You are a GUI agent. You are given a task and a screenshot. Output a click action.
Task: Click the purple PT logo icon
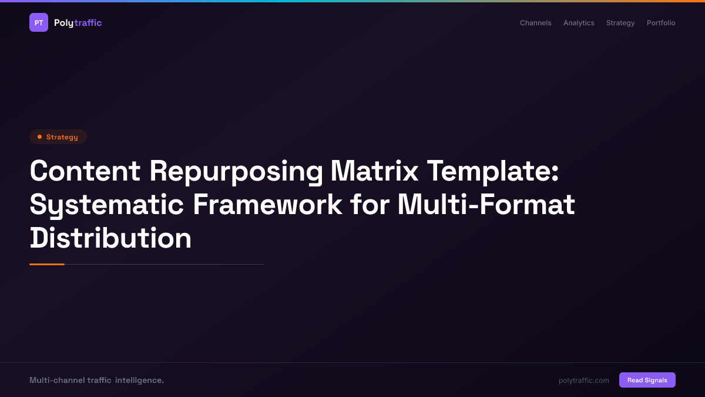point(39,23)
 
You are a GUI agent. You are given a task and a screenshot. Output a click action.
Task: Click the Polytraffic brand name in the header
point(78,23)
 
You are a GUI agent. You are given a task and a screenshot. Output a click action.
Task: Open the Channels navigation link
point(535,23)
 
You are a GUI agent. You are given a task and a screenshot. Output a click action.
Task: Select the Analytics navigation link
point(579,23)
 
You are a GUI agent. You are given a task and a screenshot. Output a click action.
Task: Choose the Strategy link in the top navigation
point(620,23)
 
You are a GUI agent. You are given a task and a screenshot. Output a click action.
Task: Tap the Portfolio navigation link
point(661,23)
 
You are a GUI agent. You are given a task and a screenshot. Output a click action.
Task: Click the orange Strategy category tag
point(58,137)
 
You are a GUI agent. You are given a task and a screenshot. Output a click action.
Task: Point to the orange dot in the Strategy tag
point(39,137)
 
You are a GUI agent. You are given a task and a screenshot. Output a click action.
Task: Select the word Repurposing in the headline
point(236,171)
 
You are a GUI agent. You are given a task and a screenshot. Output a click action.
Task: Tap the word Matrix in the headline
point(374,171)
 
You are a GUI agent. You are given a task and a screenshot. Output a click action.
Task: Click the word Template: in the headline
point(492,171)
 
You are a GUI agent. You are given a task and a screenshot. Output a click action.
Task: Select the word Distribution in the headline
point(111,238)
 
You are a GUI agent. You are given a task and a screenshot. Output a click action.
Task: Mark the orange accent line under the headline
point(47,265)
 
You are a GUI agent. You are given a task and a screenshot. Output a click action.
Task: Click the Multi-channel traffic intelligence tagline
point(96,381)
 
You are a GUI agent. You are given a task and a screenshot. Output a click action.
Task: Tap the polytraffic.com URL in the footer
point(583,381)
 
